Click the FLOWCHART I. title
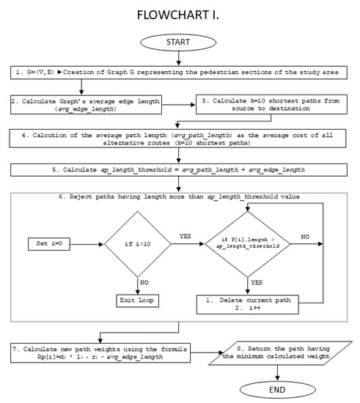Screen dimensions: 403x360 pyautogui.click(x=180, y=15)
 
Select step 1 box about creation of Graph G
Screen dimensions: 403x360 pyautogui.click(x=180, y=73)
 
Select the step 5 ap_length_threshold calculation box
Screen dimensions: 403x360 pyautogui.click(x=180, y=169)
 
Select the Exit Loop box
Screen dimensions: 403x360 pyautogui.click(x=136, y=300)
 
